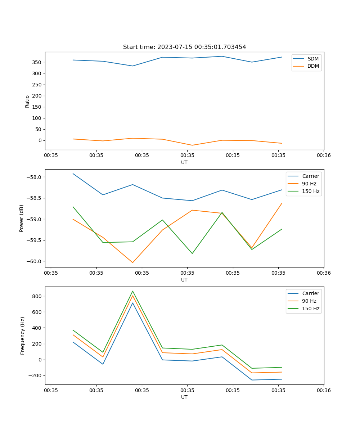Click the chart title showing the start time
(184, 47)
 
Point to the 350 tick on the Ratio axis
(37, 62)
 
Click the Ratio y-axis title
(27, 101)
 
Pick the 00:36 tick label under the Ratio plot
(324, 156)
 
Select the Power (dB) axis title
(22, 218)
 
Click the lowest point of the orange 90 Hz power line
(132, 262)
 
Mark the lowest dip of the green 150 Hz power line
(192, 253)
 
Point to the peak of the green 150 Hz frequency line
(132, 291)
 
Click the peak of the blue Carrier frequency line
(132, 303)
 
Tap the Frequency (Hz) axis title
(23, 336)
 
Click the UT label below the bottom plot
(184, 397)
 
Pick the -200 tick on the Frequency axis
(35, 375)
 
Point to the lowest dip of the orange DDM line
(192, 145)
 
